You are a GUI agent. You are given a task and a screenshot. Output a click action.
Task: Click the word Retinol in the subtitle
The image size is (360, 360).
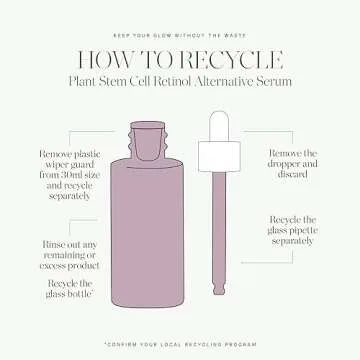tap(177, 82)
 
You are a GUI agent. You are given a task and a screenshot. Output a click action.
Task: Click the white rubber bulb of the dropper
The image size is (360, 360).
tap(219, 126)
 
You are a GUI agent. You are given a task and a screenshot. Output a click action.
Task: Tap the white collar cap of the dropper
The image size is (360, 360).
tap(219, 156)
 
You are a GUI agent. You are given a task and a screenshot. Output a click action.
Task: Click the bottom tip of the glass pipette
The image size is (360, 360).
tap(219, 292)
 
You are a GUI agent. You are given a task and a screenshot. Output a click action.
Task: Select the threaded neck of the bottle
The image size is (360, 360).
tap(147, 140)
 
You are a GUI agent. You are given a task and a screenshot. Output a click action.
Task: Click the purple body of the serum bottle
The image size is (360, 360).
tap(147, 232)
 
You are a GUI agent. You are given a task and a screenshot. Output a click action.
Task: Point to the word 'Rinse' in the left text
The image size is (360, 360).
tap(53, 245)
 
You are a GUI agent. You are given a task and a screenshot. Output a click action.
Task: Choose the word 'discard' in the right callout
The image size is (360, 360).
tap(292, 174)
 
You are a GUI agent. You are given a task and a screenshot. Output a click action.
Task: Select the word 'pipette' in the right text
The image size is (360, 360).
tap(303, 231)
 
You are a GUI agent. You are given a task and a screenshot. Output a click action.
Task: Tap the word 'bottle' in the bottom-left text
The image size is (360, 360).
tap(79, 295)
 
